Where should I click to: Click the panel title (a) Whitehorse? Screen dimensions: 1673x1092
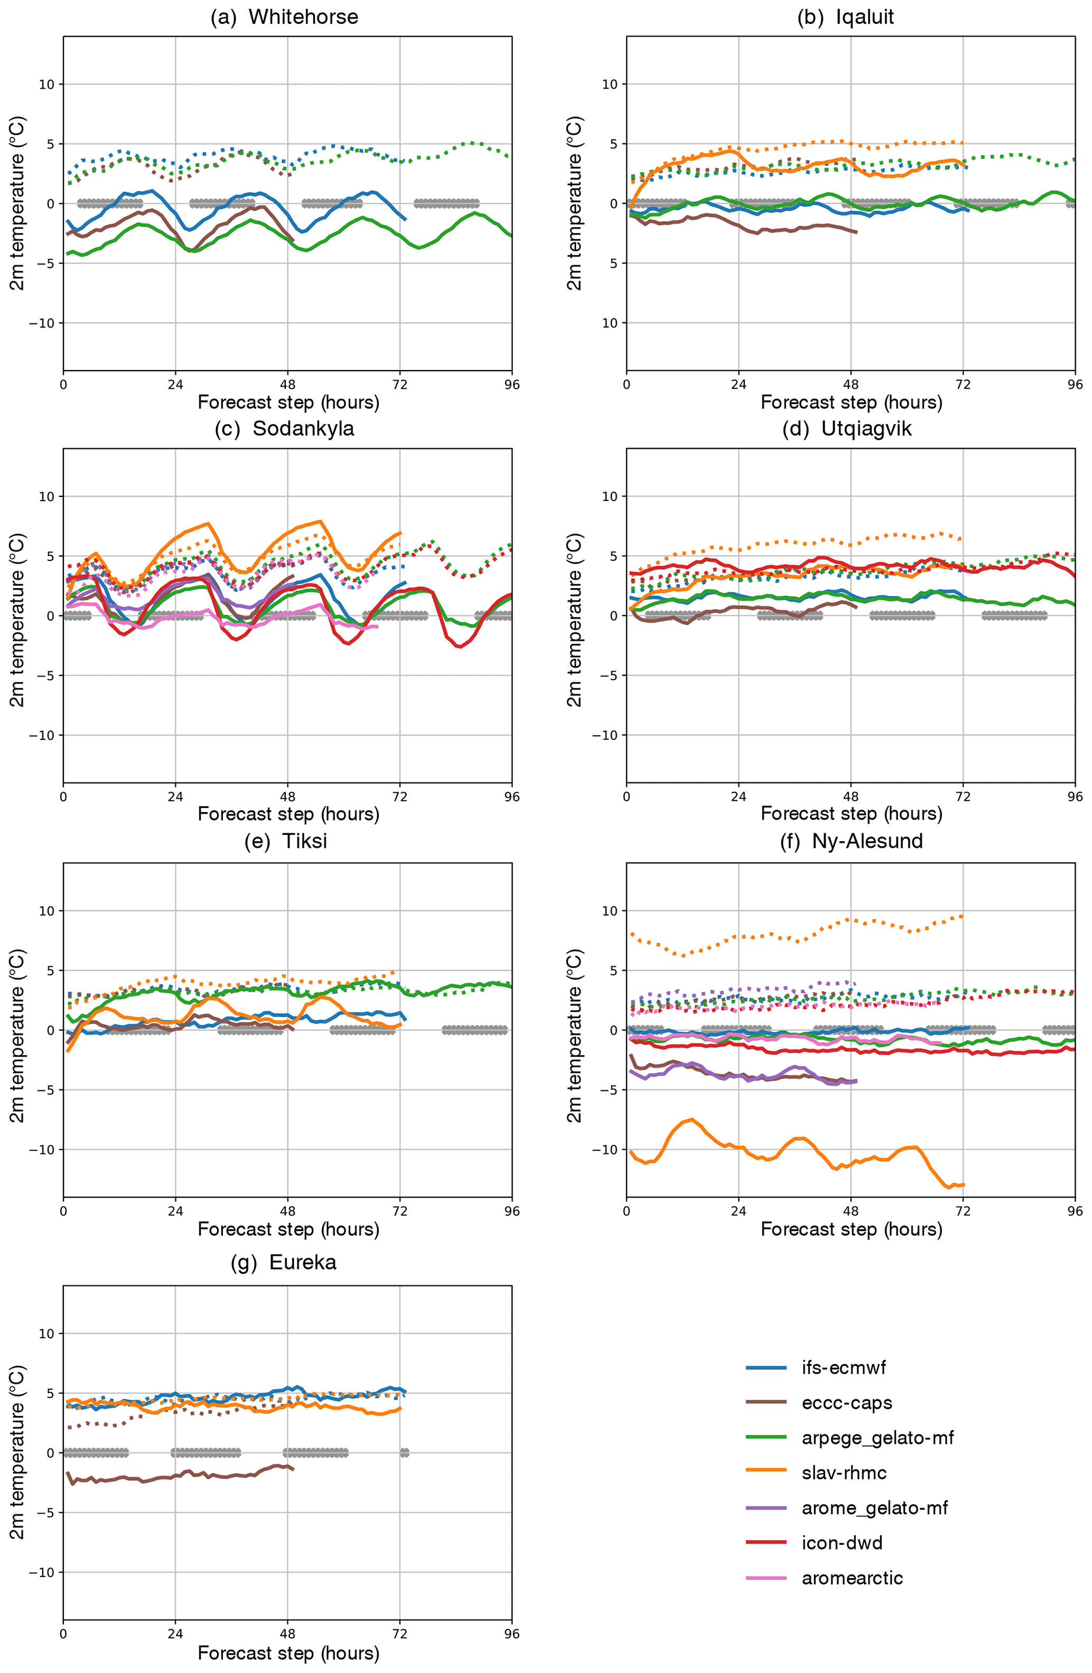pyautogui.click(x=284, y=17)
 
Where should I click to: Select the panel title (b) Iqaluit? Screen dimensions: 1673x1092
pyautogui.click(x=845, y=17)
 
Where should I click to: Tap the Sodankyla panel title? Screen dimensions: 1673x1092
pyautogui.click(x=284, y=429)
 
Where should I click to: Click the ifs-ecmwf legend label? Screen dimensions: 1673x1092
pyautogui.click(x=844, y=1367)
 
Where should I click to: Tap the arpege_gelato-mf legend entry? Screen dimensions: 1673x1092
pyautogui.click(x=878, y=1437)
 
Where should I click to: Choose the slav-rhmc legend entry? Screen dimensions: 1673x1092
pyautogui.click(x=844, y=1473)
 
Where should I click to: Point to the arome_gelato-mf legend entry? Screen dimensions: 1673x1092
pyautogui.click(x=875, y=1508)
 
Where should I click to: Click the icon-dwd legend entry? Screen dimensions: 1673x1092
pyautogui.click(x=842, y=1543)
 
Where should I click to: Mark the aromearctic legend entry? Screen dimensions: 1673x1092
pyautogui.click(x=852, y=1578)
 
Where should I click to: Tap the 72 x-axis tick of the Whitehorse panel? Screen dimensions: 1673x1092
pyautogui.click(x=399, y=384)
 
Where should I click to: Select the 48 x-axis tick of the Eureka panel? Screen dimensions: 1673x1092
pyautogui.click(x=287, y=1633)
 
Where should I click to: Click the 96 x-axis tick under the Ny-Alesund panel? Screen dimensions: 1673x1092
pyautogui.click(x=1075, y=1211)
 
